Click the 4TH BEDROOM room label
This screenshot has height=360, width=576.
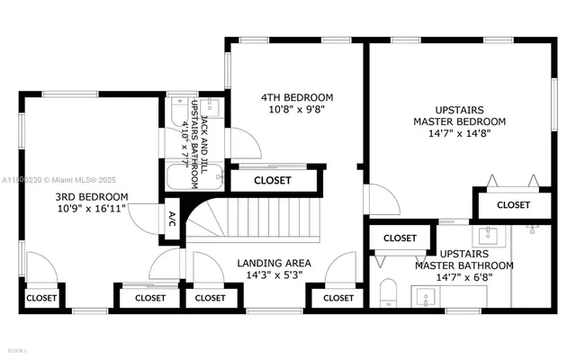click(297, 97)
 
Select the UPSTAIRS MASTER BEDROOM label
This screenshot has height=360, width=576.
click(459, 114)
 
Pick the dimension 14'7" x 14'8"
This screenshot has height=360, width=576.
click(459, 134)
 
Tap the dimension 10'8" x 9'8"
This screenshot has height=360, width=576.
click(297, 109)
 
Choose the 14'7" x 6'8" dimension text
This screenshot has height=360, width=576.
click(463, 278)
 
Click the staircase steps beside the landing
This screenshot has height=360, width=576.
click(261, 219)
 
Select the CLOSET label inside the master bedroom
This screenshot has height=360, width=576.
click(513, 205)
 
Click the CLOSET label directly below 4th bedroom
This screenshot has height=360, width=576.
click(273, 180)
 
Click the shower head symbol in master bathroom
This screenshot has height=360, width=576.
click(532, 230)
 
